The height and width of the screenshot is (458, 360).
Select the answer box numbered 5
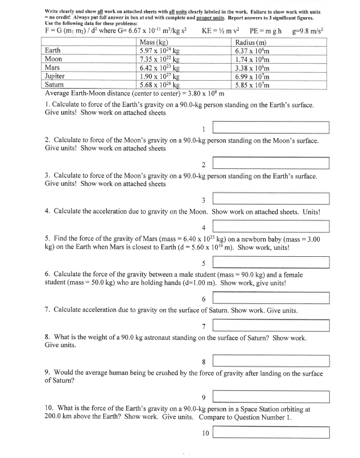(x=271, y=263)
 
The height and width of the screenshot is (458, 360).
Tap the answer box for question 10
(x=271, y=432)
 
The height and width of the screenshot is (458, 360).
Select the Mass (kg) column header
(x=155, y=42)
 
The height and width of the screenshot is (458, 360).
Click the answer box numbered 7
(x=271, y=326)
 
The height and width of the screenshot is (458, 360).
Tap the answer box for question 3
(x=271, y=199)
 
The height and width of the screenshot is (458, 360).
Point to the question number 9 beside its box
(x=203, y=397)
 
